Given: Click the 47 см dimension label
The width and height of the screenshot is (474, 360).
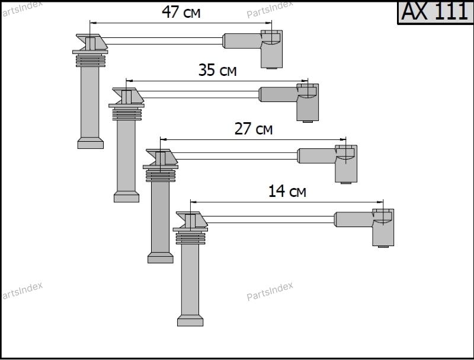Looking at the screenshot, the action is pos(181,12).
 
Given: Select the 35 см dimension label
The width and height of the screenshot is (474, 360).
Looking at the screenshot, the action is pos(217,70).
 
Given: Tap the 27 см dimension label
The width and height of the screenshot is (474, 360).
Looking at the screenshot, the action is pos(254,129).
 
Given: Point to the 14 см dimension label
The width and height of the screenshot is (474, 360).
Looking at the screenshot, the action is pos(287,191).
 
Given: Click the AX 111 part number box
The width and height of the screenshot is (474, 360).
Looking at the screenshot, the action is pos(435,12).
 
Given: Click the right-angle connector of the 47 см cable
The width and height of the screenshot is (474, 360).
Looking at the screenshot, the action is pos(271,49).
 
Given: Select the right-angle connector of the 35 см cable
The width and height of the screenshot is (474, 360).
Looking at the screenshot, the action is pos(308,103).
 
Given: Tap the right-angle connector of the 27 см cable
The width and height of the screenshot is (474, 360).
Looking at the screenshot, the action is pos(346,164).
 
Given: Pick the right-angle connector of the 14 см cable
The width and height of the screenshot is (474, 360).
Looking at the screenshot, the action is pos(383,228).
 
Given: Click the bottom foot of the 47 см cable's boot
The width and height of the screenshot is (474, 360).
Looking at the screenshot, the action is pos(91,143).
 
